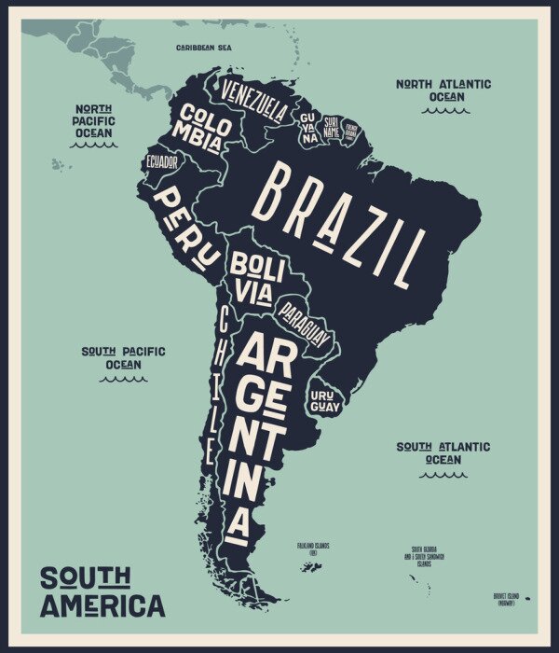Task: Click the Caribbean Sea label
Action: (204, 47)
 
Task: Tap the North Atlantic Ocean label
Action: (443, 90)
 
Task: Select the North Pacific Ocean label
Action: (94, 120)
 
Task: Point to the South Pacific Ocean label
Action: (123, 357)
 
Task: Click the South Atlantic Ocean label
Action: (443, 452)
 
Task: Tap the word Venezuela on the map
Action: (253, 100)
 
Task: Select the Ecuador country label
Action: (162, 162)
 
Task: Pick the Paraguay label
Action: (305, 321)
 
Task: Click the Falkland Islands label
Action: (313, 549)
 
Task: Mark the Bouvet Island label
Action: (511, 600)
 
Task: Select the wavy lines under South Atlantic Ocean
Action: (443, 475)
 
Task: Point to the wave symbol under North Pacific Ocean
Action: (94, 145)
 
